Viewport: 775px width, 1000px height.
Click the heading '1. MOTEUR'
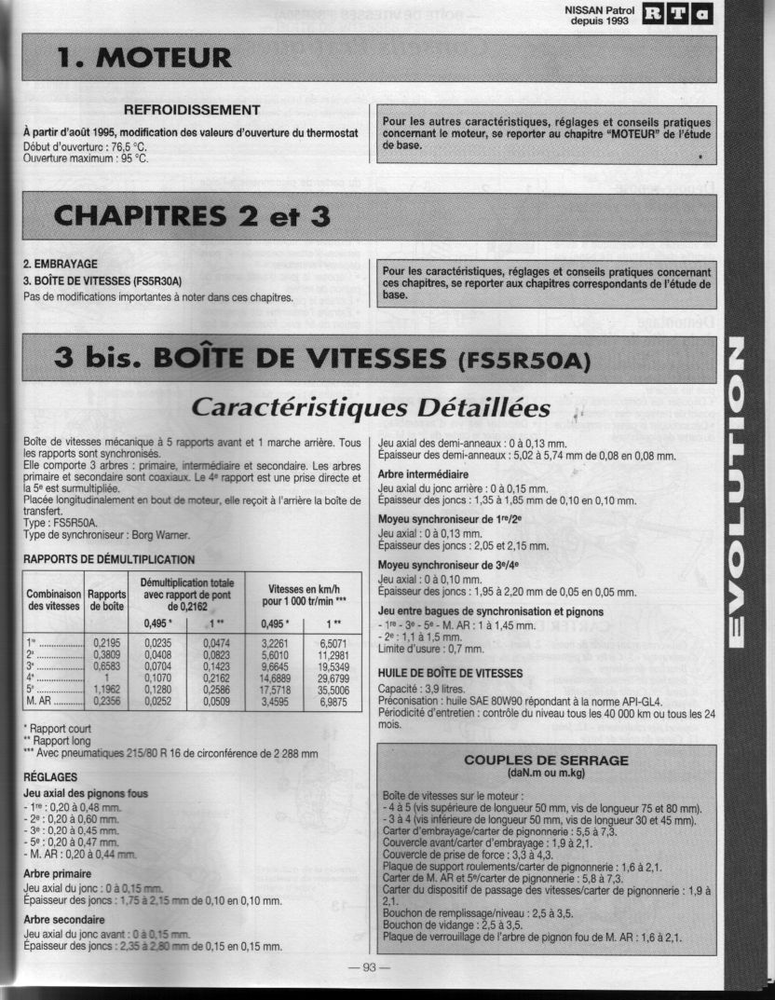point(144,58)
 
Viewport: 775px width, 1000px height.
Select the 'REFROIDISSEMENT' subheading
point(192,110)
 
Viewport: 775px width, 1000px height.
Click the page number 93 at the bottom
point(368,967)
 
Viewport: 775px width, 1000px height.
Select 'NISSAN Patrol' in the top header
point(599,10)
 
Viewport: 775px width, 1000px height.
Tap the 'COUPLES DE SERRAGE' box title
point(547,760)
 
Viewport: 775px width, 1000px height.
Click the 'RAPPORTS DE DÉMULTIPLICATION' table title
point(109,559)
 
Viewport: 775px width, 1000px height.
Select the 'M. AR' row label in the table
point(41,702)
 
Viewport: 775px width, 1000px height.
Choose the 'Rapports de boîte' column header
point(104,600)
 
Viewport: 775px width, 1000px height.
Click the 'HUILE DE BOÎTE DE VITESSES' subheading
point(450,672)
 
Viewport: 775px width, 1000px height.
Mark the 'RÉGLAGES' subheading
point(49,776)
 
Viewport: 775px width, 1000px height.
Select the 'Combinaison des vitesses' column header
point(52,600)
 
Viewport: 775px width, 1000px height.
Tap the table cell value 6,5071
point(333,642)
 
